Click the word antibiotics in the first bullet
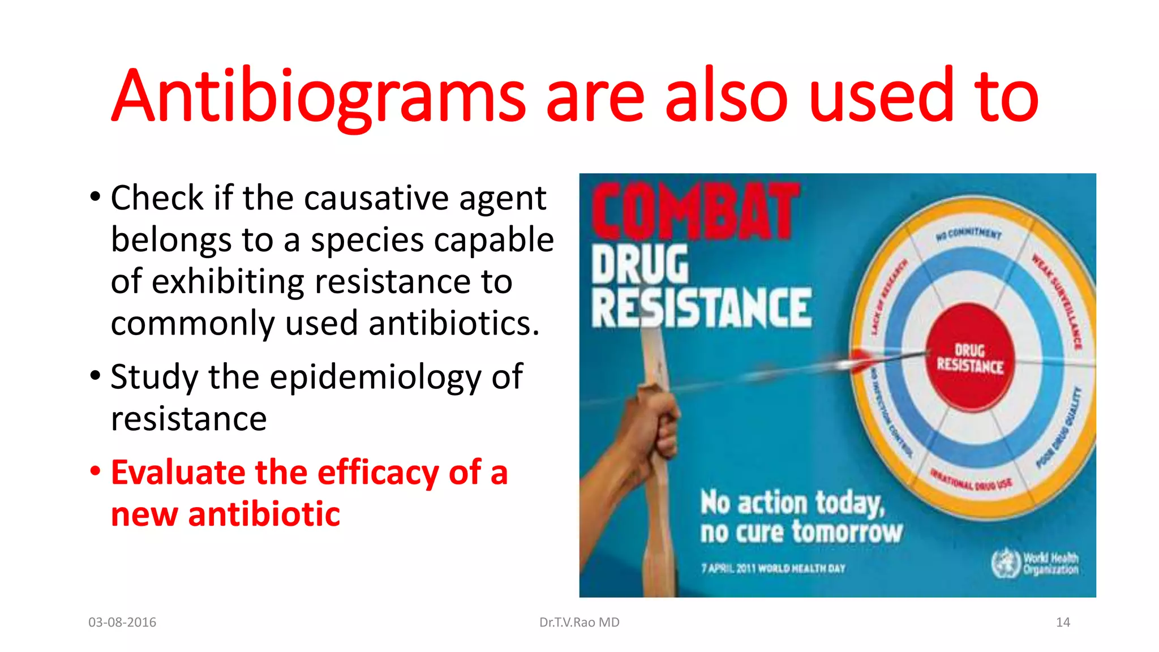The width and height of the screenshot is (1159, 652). pyautogui.click(x=453, y=324)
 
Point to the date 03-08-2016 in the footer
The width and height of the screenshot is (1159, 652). pyautogui.click(x=122, y=623)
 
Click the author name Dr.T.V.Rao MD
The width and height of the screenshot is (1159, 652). pyautogui.click(x=579, y=623)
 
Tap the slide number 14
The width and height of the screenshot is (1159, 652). pyautogui.click(x=1063, y=623)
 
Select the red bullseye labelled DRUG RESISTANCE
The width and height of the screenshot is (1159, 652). pyautogui.click(x=970, y=358)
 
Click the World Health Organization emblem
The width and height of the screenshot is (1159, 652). pyautogui.click(x=1005, y=564)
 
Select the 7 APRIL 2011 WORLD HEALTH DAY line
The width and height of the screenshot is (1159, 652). pyautogui.click(x=773, y=568)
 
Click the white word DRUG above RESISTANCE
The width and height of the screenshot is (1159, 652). pyautogui.click(x=639, y=265)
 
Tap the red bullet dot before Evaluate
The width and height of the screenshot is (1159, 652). pyautogui.click(x=95, y=471)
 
